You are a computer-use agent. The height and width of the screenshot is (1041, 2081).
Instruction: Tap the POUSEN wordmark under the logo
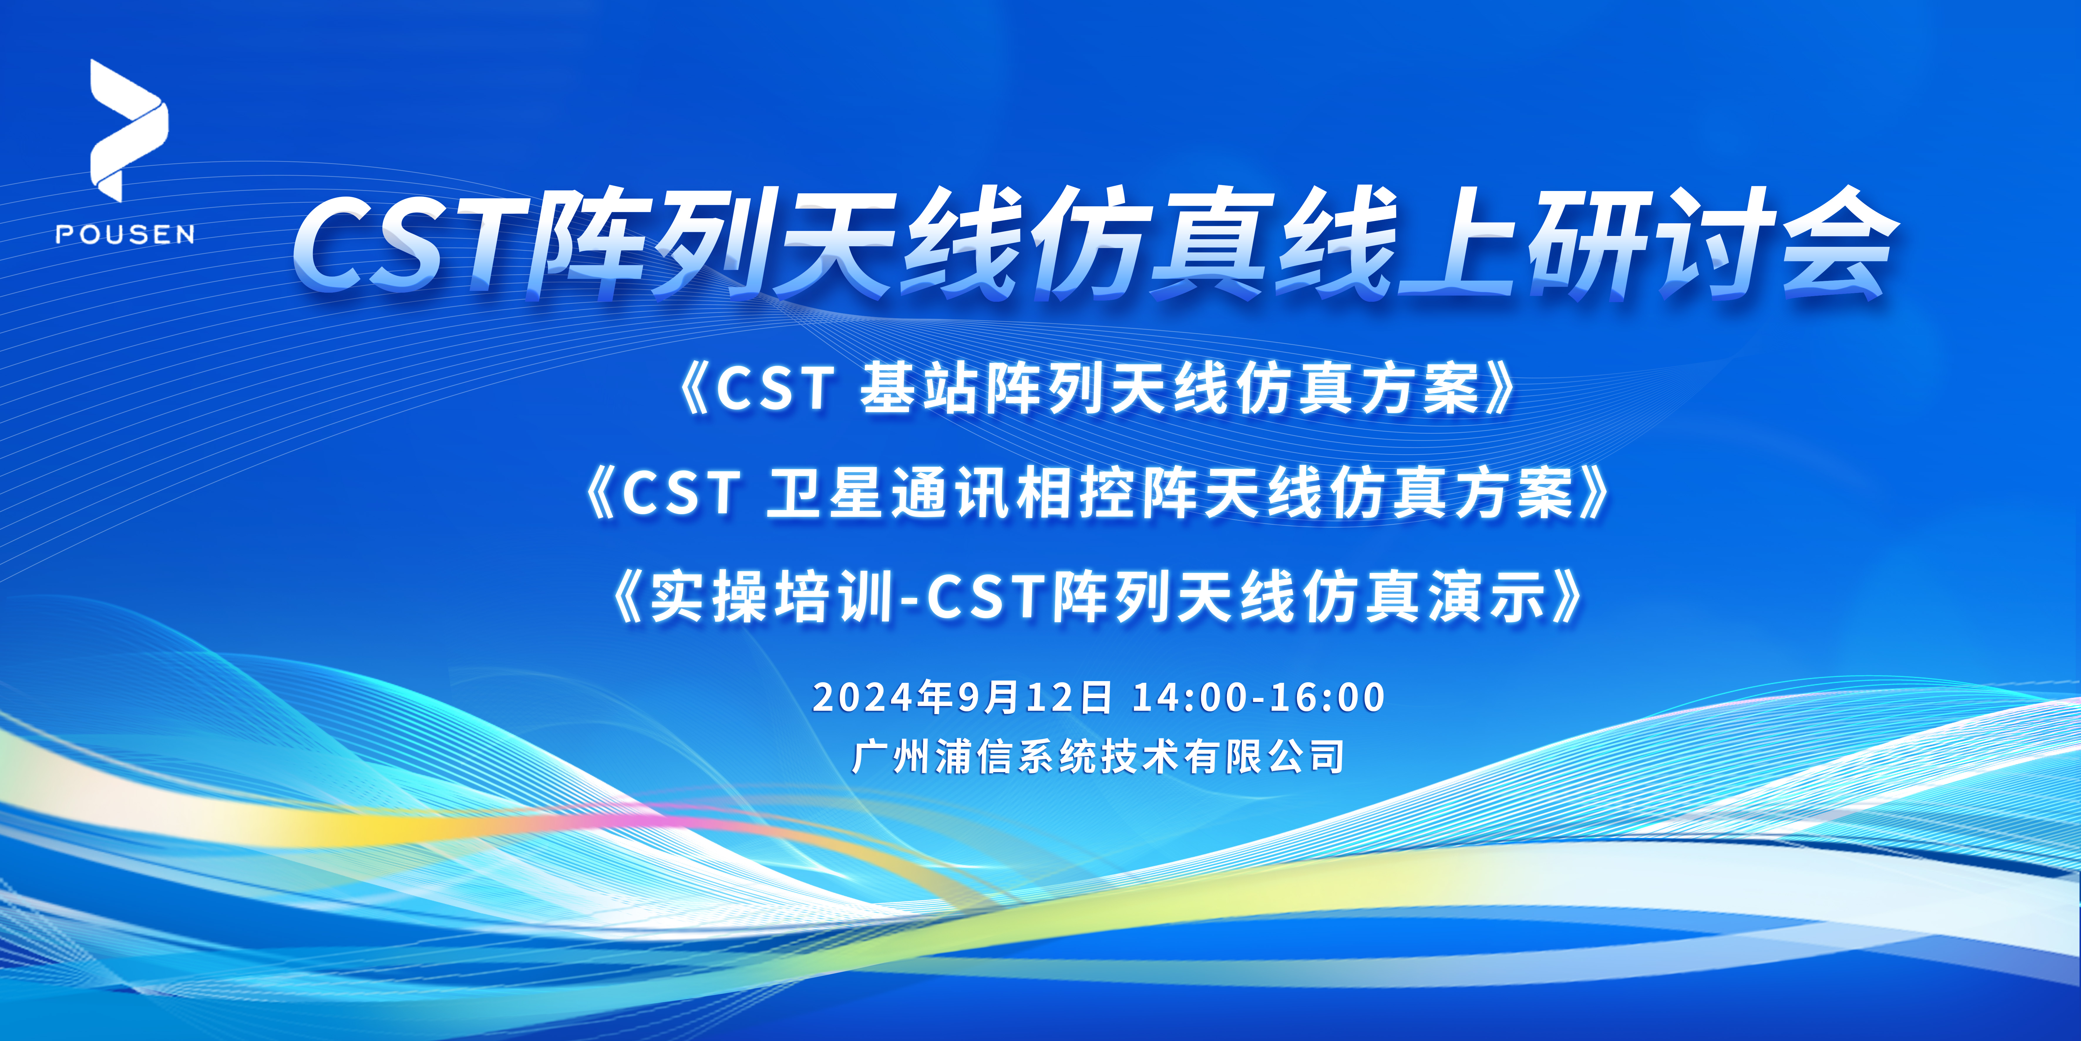tap(125, 234)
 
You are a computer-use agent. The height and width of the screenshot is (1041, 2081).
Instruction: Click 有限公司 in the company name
tap(1264, 757)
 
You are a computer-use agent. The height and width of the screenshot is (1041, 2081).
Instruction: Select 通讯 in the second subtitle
tap(949, 493)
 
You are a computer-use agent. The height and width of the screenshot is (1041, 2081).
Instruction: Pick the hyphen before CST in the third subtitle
tap(909, 600)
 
